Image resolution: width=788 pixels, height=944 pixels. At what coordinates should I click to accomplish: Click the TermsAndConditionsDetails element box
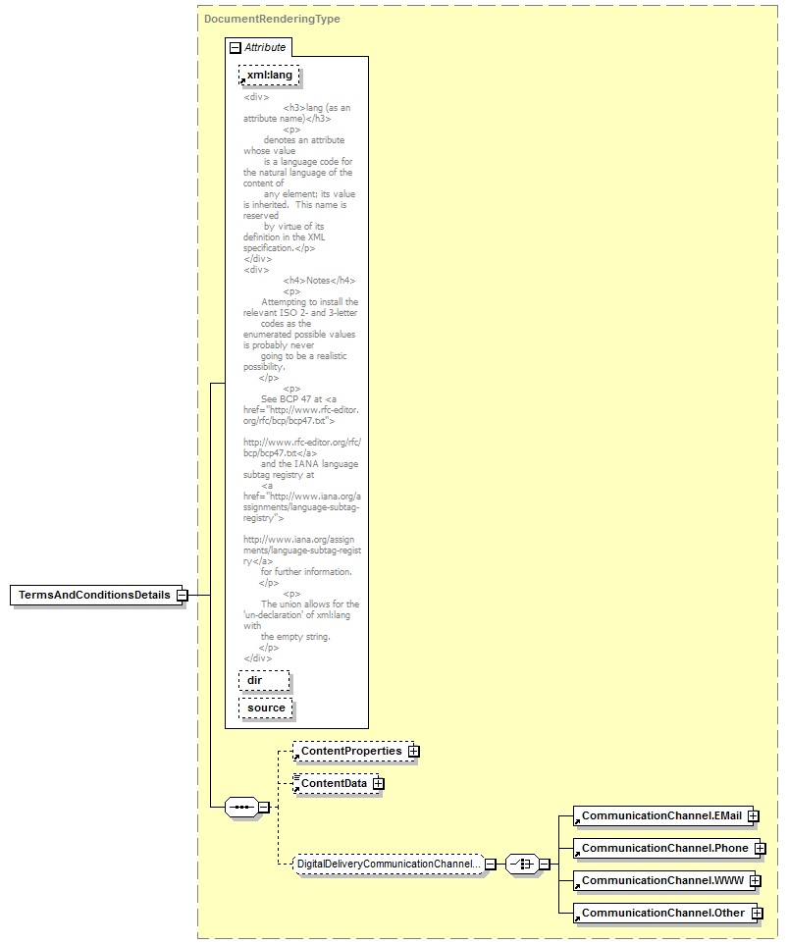pyautogui.click(x=96, y=595)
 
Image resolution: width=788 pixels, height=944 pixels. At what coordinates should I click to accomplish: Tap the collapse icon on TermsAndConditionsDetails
pyautogui.click(x=182, y=596)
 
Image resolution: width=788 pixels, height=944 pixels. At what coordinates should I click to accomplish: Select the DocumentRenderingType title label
pyautogui.click(x=272, y=19)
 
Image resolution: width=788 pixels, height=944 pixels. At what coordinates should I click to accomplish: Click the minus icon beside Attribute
pyautogui.click(x=236, y=47)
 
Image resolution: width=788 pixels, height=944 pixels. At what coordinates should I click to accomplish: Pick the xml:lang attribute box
pyautogui.click(x=269, y=76)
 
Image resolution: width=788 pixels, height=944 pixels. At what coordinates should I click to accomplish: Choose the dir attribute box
pyautogui.click(x=264, y=680)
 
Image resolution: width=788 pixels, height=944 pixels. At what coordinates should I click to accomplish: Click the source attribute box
pyautogui.click(x=266, y=708)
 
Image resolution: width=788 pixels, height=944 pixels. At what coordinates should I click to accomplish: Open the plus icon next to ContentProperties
pyautogui.click(x=413, y=752)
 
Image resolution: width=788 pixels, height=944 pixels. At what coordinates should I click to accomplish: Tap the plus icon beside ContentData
pyautogui.click(x=378, y=784)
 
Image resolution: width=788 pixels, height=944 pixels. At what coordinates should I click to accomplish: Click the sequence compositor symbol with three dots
pyautogui.click(x=242, y=807)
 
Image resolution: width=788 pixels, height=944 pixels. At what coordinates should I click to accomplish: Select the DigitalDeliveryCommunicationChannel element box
pyautogui.click(x=389, y=864)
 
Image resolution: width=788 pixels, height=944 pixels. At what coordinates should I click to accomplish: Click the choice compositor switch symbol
pyautogui.click(x=522, y=864)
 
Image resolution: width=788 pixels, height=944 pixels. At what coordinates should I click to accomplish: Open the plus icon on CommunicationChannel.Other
pyautogui.click(x=757, y=914)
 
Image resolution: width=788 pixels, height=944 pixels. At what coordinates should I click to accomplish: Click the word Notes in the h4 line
pyautogui.click(x=318, y=281)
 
